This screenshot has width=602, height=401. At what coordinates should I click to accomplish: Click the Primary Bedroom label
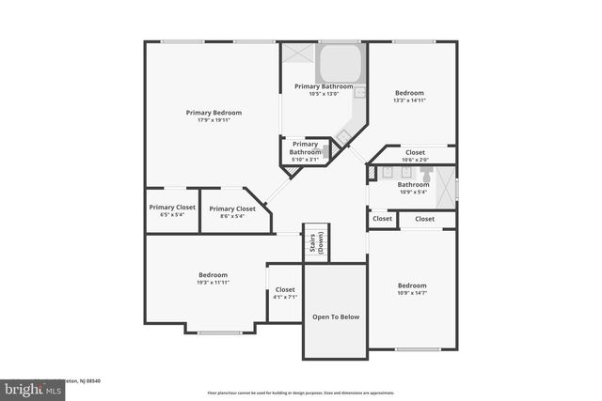tap(214, 113)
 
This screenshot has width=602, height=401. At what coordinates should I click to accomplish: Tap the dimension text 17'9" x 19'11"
tap(214, 120)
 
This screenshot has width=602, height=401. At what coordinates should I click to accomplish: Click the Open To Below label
tap(336, 317)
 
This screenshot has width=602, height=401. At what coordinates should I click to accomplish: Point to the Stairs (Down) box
tap(315, 244)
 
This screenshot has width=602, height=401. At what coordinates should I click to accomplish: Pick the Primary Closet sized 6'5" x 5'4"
tap(172, 210)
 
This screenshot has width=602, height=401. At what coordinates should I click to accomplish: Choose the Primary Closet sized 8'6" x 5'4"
tap(232, 212)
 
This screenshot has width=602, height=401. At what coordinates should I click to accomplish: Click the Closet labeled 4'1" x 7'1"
tap(285, 294)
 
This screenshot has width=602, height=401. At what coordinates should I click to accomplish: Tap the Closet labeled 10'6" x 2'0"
tap(414, 155)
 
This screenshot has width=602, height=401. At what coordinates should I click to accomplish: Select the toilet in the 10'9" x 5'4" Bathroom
tap(426, 176)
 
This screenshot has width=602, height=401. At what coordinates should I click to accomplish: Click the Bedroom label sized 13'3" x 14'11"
tap(409, 97)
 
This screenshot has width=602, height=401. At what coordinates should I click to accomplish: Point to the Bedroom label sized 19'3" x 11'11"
tap(214, 278)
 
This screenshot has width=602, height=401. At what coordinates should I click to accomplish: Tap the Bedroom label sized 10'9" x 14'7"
tap(412, 289)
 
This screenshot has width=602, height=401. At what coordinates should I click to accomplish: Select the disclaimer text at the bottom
tap(301, 393)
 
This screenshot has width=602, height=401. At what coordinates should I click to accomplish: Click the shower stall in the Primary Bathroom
tap(298, 56)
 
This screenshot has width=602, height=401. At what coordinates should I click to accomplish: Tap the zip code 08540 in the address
tap(91, 380)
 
